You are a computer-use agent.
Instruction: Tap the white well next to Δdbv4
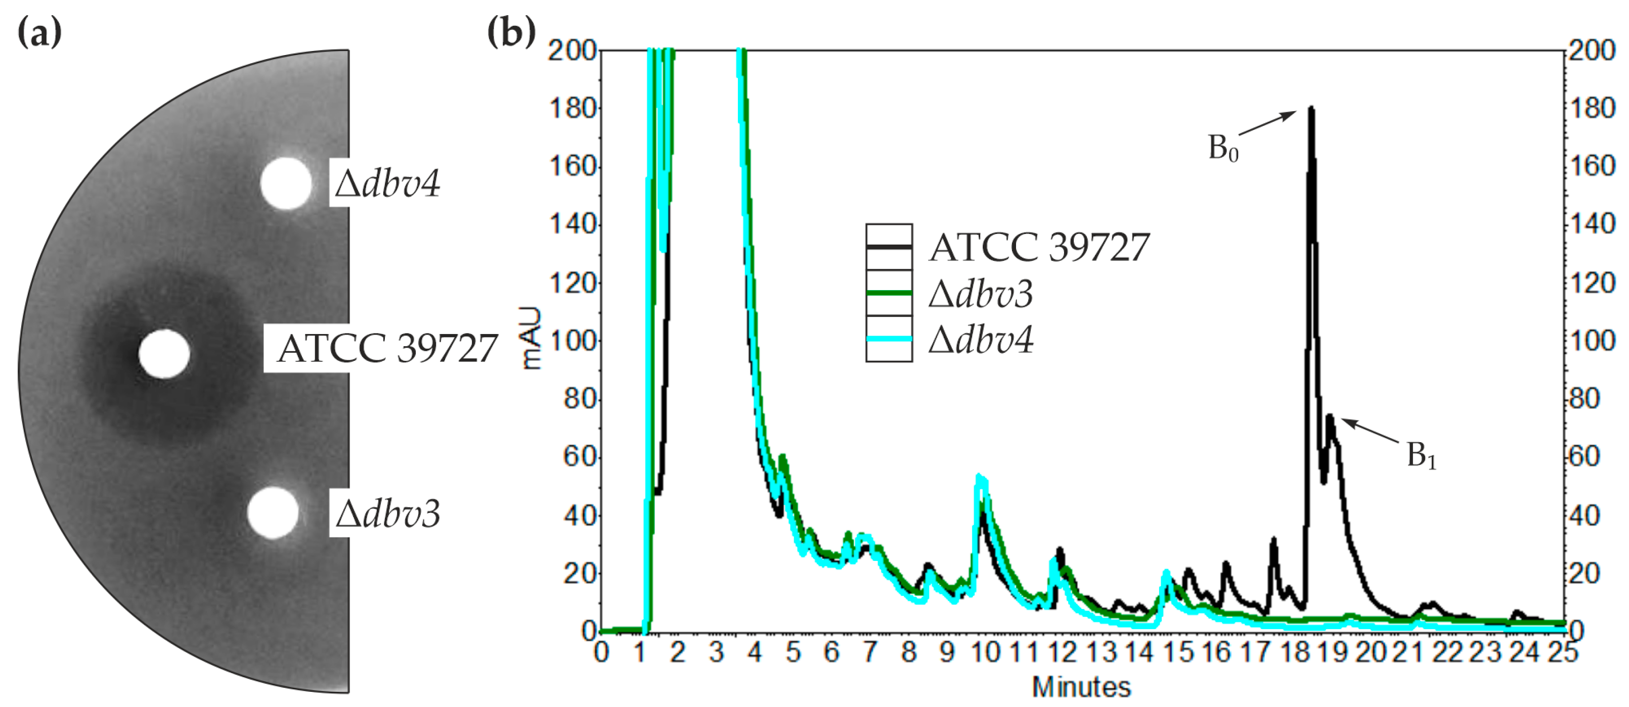(286, 183)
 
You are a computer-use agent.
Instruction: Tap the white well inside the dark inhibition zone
(164, 354)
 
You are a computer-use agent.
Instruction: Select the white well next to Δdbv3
(273, 512)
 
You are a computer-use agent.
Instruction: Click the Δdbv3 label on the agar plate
(387, 513)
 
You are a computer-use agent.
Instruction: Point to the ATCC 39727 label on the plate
(387, 348)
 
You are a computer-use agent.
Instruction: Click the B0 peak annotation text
(1223, 149)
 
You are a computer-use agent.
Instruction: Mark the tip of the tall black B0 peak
(1311, 109)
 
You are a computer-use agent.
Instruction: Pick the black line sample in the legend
(889, 247)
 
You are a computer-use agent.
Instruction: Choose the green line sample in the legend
(889, 293)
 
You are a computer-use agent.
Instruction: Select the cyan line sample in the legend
(889, 339)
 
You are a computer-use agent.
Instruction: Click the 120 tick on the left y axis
(573, 283)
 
